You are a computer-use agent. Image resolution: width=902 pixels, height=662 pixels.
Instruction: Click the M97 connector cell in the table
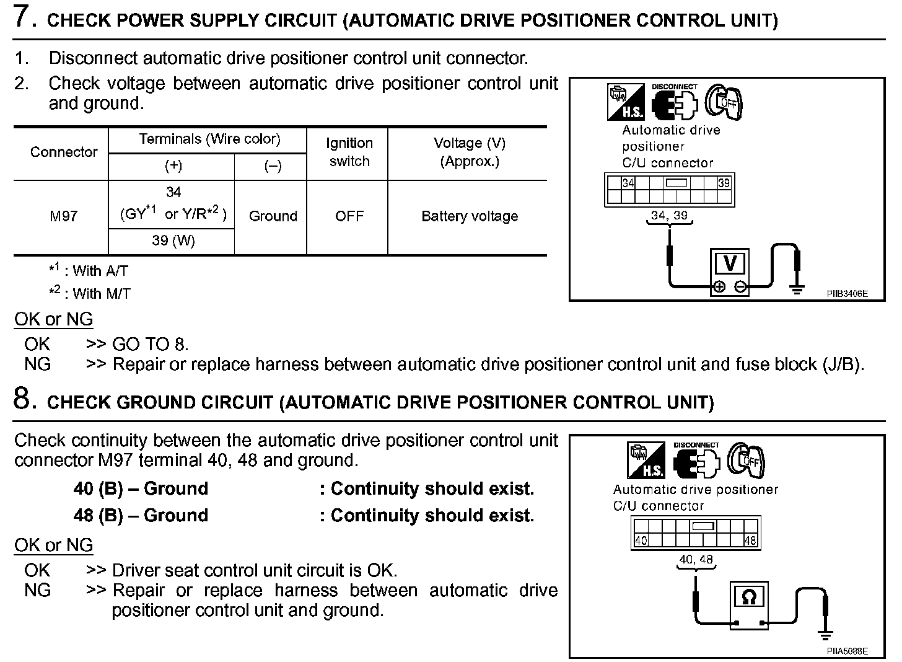pos(63,216)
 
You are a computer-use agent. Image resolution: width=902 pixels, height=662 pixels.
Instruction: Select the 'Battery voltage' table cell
pos(469,216)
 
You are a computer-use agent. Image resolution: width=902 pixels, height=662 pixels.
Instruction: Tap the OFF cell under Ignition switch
pos(349,216)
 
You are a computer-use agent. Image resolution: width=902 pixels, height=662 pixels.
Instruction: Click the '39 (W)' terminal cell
pos(173,241)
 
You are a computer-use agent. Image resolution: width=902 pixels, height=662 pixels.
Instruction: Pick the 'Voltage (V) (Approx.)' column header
pos(469,152)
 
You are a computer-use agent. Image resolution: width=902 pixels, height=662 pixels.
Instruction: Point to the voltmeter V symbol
pos(730,264)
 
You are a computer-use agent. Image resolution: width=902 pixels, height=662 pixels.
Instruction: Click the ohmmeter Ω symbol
pos(748,597)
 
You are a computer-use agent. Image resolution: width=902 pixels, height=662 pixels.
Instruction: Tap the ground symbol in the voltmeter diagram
pos(797,289)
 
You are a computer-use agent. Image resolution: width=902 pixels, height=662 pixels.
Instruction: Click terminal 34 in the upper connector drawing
pos(628,183)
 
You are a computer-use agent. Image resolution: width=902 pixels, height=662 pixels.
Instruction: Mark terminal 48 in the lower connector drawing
pos(750,541)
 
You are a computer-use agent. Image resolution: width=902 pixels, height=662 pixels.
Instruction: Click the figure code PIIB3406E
pos(847,294)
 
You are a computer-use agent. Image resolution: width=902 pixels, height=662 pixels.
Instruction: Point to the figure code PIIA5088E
pos(847,651)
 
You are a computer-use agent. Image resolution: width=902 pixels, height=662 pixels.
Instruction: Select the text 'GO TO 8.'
pos(150,344)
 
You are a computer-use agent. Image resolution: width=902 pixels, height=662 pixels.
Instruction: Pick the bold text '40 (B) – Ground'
pos(141,488)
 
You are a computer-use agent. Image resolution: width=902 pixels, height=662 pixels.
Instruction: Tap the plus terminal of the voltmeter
pos(719,286)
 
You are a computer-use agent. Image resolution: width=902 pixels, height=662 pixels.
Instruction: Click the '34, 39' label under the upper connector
pos(669,216)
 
